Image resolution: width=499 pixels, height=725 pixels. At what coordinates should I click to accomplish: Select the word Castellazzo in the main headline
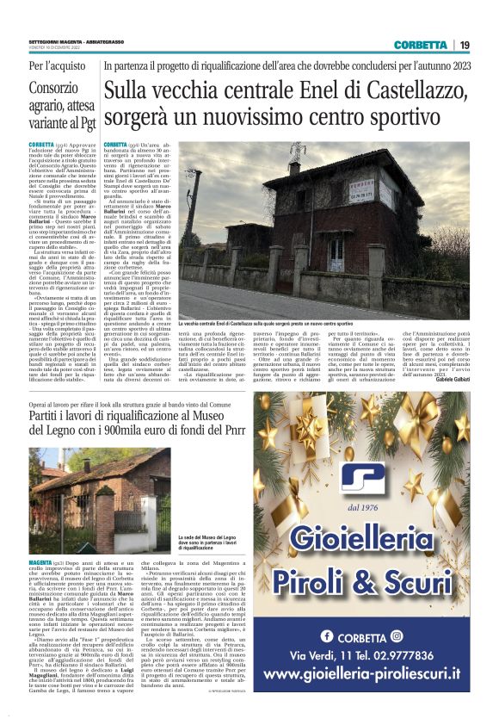(408, 89)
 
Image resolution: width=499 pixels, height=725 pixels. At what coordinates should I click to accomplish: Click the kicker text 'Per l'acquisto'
(58, 66)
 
